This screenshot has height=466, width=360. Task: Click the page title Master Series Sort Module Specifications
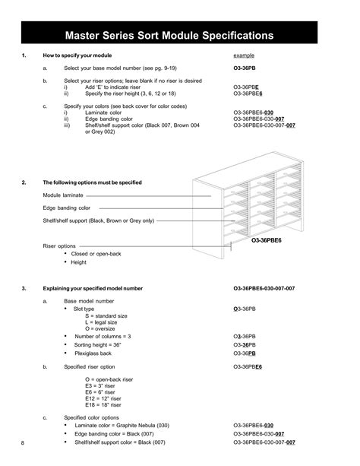tap(180, 34)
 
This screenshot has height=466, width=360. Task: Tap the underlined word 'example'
tap(244, 56)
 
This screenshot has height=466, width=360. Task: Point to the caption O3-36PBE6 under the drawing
tap(267, 239)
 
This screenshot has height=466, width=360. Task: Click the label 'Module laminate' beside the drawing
tap(62, 195)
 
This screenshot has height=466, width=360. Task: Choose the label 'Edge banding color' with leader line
tap(66, 208)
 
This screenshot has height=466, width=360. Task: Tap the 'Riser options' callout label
tap(59, 246)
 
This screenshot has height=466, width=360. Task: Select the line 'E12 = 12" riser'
tap(106, 398)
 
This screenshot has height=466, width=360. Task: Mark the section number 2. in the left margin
tap(24, 182)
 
